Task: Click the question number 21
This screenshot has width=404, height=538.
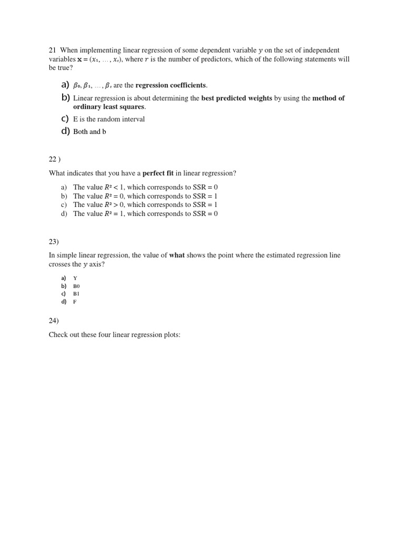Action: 52,50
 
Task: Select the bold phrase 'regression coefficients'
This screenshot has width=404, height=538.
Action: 171,85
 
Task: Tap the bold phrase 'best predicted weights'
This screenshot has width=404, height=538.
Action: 237,98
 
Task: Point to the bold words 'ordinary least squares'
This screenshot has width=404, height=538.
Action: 109,107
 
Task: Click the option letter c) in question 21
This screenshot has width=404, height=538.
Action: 65,119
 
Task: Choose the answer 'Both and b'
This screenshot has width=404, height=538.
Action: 89,132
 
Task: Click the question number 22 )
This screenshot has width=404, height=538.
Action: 55,159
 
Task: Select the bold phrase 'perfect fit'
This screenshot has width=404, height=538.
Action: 158,173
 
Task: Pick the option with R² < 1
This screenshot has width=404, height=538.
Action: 145,187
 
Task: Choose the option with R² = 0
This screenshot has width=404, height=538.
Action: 145,196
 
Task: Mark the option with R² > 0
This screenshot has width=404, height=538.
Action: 145,205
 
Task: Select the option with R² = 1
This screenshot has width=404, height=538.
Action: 145,214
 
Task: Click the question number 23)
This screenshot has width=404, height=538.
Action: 54,242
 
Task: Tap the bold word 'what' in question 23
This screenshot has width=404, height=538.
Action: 177,255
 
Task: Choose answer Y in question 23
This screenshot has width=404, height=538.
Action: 75,278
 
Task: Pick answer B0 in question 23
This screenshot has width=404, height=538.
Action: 76,286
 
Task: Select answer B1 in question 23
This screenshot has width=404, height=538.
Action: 76,294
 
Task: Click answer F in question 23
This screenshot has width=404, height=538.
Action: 75,302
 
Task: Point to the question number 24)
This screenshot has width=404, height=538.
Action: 54,321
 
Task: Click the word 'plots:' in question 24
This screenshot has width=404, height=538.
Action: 170,335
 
